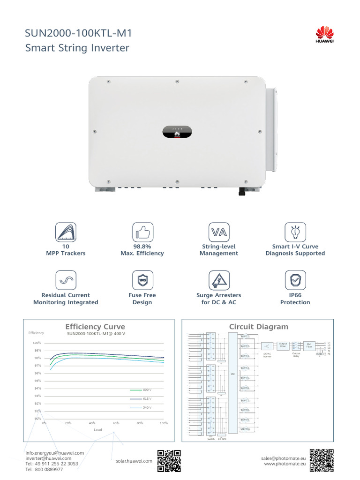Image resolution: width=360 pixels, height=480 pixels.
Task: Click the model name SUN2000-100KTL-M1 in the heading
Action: point(79,33)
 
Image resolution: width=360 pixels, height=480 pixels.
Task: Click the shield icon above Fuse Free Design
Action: point(142,280)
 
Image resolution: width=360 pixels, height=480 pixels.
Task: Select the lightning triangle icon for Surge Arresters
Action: point(218,280)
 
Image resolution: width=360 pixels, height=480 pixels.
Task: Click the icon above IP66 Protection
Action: point(295,280)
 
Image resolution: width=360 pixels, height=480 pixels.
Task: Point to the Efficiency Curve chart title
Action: point(95,327)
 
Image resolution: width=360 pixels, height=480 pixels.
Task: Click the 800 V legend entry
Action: point(141,390)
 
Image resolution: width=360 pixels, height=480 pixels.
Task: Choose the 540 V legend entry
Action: point(141,407)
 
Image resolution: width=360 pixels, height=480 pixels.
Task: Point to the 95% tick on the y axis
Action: point(37,381)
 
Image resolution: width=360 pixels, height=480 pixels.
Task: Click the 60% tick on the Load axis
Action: point(116,423)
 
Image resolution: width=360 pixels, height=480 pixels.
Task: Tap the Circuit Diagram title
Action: point(258,327)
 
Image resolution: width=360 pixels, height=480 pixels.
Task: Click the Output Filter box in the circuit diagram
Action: point(283,345)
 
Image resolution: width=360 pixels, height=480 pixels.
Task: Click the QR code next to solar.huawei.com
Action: point(169,460)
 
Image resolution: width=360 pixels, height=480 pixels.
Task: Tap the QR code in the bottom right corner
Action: point(322,460)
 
